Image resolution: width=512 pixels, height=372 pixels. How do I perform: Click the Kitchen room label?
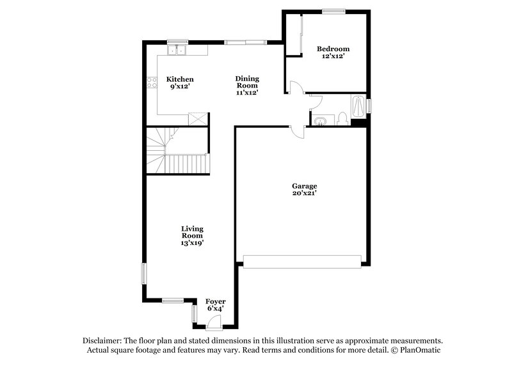click(180, 82)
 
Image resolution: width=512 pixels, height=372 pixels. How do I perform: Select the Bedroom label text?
click(333, 52)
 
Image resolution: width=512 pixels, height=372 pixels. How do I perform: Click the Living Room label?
click(192, 235)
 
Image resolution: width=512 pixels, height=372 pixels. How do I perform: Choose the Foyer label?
click(215, 304)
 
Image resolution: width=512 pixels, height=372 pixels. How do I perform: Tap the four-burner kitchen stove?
click(152, 81)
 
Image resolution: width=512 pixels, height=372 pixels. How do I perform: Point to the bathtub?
click(359, 105)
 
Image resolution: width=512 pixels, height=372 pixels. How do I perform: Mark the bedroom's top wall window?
click(333, 10)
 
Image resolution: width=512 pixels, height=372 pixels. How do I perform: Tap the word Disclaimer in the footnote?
click(103, 341)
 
